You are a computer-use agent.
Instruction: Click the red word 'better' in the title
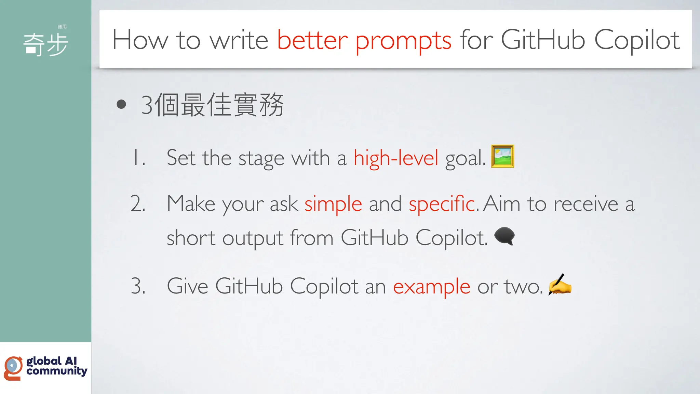[x=312, y=40]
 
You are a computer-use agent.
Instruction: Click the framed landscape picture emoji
[x=502, y=156]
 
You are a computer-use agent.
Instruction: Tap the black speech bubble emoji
[x=504, y=236]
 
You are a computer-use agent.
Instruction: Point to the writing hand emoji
[x=560, y=285]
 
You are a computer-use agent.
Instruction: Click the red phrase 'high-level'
[x=395, y=158]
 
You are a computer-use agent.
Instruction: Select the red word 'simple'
[x=333, y=204]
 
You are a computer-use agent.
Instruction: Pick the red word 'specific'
[x=442, y=203]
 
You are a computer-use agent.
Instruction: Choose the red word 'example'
[x=431, y=287]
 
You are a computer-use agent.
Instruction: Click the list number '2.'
[x=138, y=203]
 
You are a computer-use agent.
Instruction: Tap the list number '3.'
[x=138, y=286]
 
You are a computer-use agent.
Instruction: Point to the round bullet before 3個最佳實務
[x=121, y=104]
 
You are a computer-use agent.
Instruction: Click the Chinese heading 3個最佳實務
[x=212, y=105]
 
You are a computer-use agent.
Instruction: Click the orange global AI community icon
[x=13, y=368]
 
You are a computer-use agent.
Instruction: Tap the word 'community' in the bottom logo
[x=57, y=371]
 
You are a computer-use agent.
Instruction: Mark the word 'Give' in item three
[x=187, y=286]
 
